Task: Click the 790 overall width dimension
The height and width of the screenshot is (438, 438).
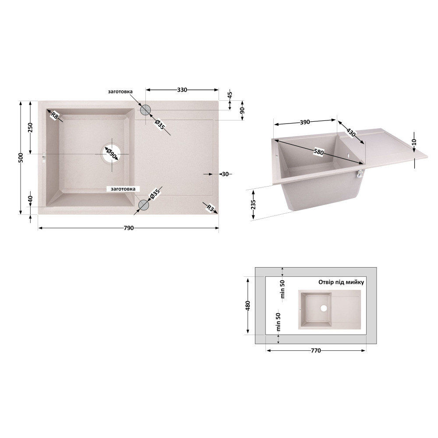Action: [x=128, y=228]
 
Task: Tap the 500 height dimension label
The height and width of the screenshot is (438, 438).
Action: [x=21, y=158]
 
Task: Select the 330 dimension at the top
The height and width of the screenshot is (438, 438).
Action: [x=182, y=90]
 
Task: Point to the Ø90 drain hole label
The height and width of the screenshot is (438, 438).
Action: [x=112, y=154]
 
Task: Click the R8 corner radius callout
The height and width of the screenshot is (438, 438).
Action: [x=55, y=115]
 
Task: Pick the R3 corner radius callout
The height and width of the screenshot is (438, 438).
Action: [x=210, y=208]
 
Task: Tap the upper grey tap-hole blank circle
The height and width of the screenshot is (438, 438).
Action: [x=145, y=110]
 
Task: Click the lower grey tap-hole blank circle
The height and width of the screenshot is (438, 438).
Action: [x=144, y=205]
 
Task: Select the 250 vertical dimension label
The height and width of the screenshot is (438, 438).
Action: [x=30, y=127]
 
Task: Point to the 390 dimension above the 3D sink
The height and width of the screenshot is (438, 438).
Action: [x=305, y=122]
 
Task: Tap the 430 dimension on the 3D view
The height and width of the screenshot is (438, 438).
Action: [x=351, y=132]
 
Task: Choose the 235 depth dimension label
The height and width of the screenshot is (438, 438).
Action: [x=253, y=205]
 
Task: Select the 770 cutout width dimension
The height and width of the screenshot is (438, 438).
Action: [x=316, y=350]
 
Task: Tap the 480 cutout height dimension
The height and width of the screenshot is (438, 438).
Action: [x=247, y=306]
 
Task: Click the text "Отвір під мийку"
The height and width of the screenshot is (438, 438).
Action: [x=341, y=282]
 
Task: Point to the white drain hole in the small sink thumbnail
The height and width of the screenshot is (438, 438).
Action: [x=324, y=308]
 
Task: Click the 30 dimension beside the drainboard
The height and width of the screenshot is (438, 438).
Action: [x=225, y=174]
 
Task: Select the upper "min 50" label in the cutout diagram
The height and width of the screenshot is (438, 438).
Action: [x=283, y=289]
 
